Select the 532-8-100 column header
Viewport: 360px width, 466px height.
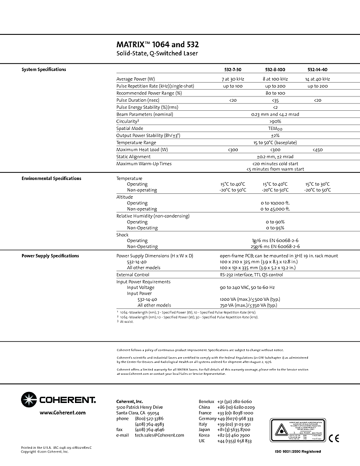(x=275, y=70)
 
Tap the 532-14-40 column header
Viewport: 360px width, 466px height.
(x=317, y=70)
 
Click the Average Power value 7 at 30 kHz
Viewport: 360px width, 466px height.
(x=232, y=79)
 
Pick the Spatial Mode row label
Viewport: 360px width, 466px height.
(x=129, y=128)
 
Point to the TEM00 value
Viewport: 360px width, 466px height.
(x=275, y=128)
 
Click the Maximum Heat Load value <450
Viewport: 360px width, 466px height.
(x=317, y=150)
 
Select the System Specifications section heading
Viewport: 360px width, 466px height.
(x=44, y=70)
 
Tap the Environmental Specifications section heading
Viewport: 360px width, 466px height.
(x=52, y=179)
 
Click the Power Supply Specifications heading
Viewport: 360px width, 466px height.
(x=51, y=256)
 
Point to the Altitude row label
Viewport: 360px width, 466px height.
(x=125, y=197)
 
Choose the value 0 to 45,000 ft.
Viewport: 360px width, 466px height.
(x=275, y=209)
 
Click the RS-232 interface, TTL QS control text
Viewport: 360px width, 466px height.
(x=251, y=275)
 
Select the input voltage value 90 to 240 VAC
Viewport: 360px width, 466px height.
(x=247, y=288)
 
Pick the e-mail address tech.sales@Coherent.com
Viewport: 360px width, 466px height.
(x=159, y=435)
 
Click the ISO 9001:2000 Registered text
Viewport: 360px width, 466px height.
(x=298, y=452)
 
